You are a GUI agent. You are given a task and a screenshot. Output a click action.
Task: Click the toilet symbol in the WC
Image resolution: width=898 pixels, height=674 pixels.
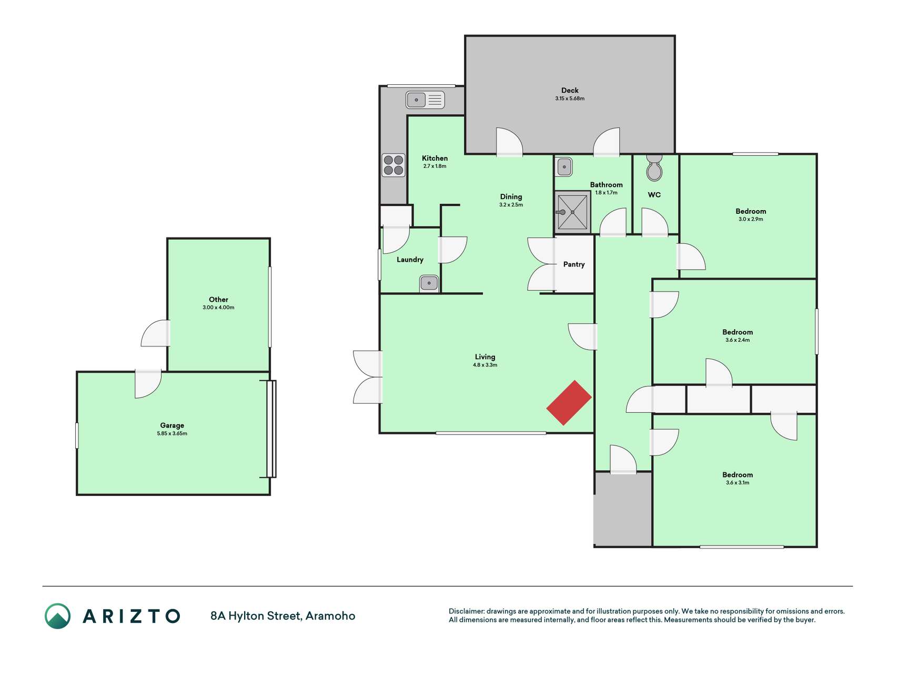[x=654, y=167]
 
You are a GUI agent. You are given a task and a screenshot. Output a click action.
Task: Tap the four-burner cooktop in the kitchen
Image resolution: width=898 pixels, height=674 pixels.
[x=393, y=165]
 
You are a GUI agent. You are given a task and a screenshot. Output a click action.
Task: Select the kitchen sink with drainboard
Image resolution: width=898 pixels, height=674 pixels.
[x=425, y=100]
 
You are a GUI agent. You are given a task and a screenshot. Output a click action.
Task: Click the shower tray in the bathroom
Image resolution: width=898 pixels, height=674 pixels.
[x=572, y=212]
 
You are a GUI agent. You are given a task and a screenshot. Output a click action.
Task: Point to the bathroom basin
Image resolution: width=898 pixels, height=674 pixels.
[x=564, y=167]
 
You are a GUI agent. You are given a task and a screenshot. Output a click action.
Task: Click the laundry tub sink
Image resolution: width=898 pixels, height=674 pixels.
[x=429, y=283]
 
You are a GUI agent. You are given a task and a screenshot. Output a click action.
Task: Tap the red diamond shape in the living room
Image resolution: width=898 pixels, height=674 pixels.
[x=569, y=403]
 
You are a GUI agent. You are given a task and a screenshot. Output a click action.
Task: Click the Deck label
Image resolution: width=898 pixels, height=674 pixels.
[x=570, y=91]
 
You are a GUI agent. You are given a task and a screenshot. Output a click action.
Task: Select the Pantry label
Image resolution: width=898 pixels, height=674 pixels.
[x=574, y=264]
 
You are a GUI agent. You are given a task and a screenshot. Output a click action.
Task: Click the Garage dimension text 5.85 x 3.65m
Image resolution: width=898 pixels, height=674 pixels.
[x=172, y=433]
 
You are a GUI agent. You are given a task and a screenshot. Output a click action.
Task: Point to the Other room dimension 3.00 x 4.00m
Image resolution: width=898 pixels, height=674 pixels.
[x=218, y=308]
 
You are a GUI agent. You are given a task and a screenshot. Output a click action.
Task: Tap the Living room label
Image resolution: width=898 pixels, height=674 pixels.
[x=485, y=357]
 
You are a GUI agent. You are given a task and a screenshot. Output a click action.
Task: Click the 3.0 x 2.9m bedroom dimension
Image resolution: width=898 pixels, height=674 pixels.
[x=751, y=219]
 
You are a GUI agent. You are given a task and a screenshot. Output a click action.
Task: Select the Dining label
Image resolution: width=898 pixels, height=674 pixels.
[x=511, y=197]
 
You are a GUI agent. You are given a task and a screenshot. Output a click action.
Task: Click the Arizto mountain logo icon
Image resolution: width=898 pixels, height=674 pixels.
[x=57, y=616]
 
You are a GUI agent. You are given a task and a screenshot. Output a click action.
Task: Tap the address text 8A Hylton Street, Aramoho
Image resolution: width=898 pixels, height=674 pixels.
[x=283, y=616]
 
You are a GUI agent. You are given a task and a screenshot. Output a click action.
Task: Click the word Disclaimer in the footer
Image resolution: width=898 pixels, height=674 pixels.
[x=467, y=611]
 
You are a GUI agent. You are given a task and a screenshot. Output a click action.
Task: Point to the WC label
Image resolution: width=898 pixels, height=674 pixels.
[x=654, y=195]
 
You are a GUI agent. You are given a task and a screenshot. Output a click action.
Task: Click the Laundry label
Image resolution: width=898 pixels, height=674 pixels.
[x=410, y=260]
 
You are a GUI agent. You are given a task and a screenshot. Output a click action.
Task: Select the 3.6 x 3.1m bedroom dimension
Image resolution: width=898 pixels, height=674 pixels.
[x=738, y=483]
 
